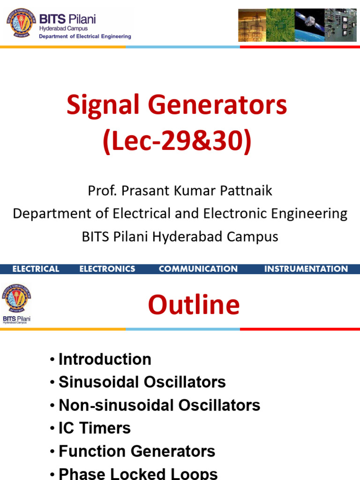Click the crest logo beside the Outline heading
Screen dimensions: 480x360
click(16, 299)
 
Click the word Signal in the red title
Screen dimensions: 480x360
click(96, 105)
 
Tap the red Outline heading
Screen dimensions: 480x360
click(194, 305)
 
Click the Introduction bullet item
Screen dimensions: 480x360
click(105, 360)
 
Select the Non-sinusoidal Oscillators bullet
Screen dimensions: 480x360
click(159, 405)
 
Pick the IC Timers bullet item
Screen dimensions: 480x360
click(94, 428)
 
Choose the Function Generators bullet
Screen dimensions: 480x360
click(136, 451)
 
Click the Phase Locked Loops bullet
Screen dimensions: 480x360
click(138, 473)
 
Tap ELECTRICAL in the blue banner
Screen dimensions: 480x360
click(36, 269)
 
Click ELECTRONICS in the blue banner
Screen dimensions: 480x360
click(107, 269)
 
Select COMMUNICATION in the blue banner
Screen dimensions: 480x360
click(198, 269)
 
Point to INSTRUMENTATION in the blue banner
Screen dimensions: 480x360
click(306, 269)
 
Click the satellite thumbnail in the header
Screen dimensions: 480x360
click(309, 25)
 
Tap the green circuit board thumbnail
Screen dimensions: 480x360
click(280, 25)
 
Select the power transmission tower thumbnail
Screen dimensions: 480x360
click(252, 25)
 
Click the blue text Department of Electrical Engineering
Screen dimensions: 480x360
click(84, 36)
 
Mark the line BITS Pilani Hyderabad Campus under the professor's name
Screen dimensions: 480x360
click(180, 237)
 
